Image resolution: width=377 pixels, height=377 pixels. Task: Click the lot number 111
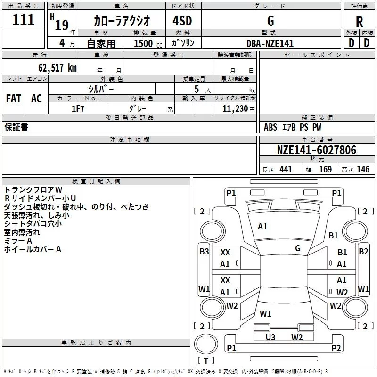coord(23,20)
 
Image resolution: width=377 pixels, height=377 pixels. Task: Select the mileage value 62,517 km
coord(57,68)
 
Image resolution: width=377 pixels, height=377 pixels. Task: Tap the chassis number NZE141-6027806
coord(317,150)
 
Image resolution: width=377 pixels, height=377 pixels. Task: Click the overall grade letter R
coord(359,22)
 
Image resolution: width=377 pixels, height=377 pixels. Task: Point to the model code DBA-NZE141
coord(270,43)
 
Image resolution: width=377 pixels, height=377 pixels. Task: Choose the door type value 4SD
coord(182,21)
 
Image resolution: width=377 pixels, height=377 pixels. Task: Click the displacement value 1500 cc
coord(148,43)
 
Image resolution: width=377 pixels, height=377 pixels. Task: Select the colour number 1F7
coord(78,109)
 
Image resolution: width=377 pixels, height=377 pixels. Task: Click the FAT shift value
coord(14,98)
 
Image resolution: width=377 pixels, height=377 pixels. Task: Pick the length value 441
coord(286,169)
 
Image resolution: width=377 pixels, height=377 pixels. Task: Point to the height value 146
coord(363,169)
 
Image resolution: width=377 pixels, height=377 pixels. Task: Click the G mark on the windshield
coord(298,248)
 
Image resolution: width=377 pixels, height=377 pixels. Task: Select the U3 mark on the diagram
coord(270,337)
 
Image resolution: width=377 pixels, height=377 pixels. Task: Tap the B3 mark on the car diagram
coord(204,252)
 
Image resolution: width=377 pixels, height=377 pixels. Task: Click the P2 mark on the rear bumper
coord(336,348)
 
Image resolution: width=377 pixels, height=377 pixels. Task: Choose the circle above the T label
coord(206,344)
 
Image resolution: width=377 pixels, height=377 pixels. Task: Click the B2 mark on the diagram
coord(363,252)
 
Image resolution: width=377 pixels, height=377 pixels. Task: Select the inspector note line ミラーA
coord(18,241)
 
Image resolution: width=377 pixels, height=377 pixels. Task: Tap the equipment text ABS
coord(270,127)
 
